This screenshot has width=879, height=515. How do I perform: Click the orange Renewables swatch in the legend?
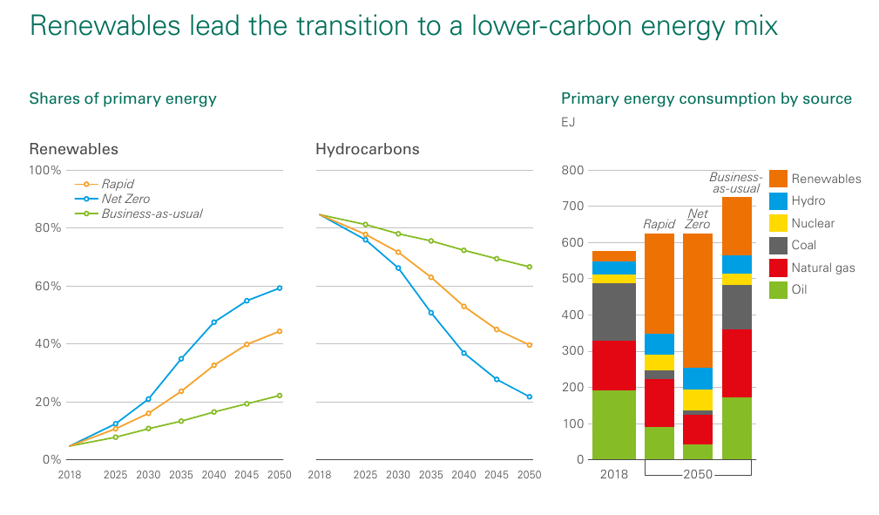778,179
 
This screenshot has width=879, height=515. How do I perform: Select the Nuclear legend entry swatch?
778,223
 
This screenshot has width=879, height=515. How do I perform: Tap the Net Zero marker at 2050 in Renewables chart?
280,288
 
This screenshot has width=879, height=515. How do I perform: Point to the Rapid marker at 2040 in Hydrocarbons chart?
463,306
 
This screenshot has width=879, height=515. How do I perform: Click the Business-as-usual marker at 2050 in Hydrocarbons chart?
529,267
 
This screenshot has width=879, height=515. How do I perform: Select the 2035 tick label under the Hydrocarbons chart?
430,475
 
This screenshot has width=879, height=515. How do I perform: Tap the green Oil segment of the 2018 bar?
613,424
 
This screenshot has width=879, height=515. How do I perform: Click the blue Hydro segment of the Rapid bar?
659,344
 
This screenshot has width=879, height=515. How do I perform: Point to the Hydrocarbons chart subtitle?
367,149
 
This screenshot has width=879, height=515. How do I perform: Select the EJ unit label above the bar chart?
568,122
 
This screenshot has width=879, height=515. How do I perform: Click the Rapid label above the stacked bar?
659,224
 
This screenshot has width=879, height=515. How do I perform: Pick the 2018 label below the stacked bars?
613,475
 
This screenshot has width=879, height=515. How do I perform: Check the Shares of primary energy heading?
123,98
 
